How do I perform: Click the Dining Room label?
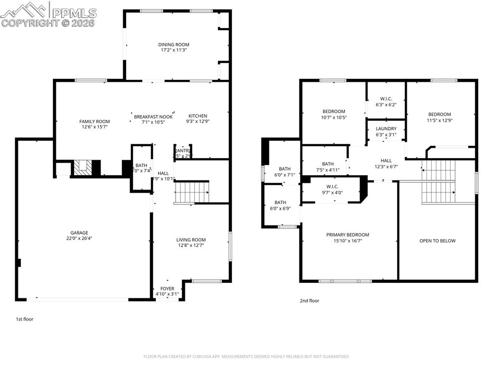click(175, 45)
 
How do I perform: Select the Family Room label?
click(94, 122)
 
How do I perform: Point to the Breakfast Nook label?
click(153, 116)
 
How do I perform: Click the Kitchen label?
click(197, 116)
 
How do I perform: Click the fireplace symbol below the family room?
click(82, 167)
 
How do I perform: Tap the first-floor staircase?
click(192, 192)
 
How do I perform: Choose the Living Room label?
click(191, 240)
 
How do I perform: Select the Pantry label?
click(182, 151)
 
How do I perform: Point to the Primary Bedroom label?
click(347, 235)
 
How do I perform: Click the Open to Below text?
click(437, 241)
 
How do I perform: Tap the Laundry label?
click(386, 128)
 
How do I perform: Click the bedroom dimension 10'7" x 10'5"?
click(334, 117)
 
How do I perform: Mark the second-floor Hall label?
click(386, 161)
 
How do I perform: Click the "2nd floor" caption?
click(309, 301)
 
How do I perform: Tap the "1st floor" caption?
click(25, 319)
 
